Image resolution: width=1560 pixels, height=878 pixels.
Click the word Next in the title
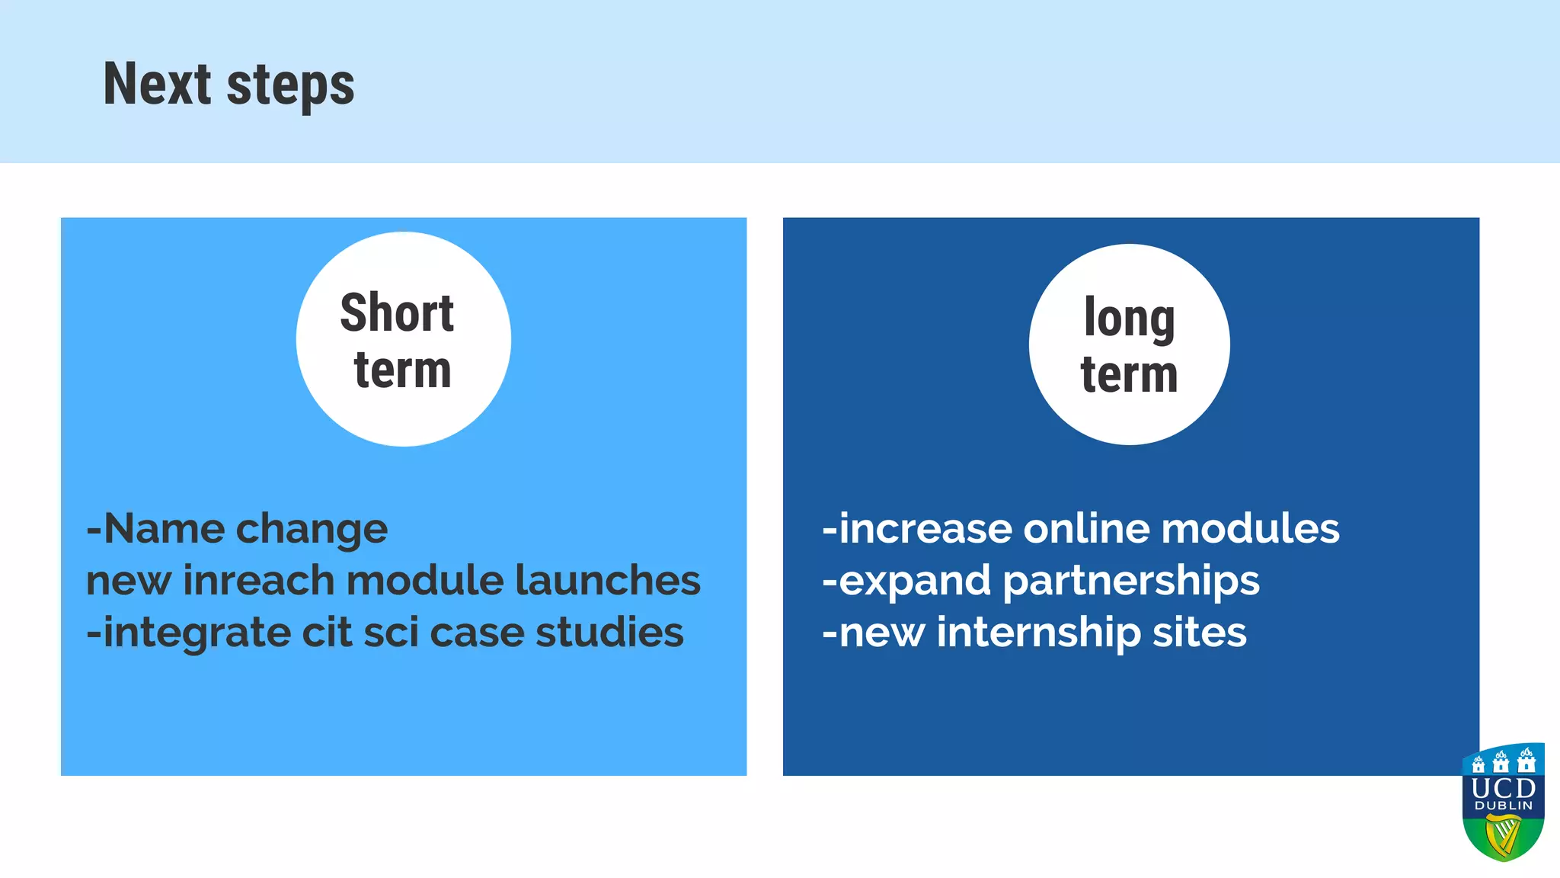pyautogui.click(x=157, y=84)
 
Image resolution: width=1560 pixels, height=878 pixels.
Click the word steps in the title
pyautogui.click(x=290, y=86)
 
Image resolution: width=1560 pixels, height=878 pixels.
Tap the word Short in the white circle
pyautogui.click(x=397, y=313)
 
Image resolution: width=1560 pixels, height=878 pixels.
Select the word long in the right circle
pyautogui.click(x=1129, y=319)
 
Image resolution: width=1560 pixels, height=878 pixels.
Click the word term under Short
pyautogui.click(x=402, y=370)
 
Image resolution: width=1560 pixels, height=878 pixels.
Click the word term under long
pyautogui.click(x=1129, y=375)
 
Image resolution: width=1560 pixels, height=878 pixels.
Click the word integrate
pyautogui.click(x=197, y=633)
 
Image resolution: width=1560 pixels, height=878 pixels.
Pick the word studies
pyautogui.click(x=609, y=633)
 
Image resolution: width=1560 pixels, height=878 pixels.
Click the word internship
pyautogui.click(x=1038, y=633)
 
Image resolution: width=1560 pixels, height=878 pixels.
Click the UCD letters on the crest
pyautogui.click(x=1503, y=788)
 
